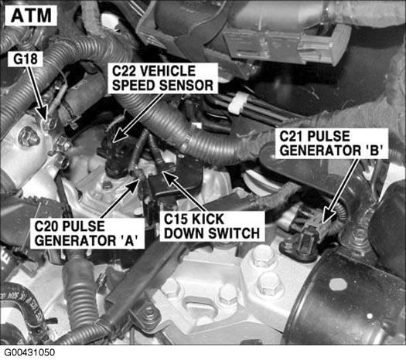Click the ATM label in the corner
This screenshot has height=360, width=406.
31,15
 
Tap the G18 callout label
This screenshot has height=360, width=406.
26,59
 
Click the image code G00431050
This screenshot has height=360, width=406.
29,352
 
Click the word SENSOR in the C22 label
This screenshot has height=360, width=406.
186,85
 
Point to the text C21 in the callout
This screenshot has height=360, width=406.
292,136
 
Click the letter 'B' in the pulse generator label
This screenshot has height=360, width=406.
374,151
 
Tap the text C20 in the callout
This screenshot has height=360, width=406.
47,226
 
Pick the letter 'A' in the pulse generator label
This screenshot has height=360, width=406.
128,240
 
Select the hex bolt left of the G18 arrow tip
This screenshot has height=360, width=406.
29,138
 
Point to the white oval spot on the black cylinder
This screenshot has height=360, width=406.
338,284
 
